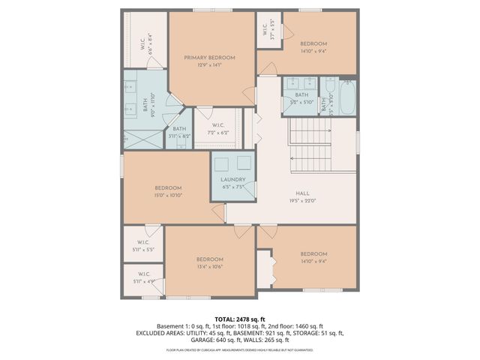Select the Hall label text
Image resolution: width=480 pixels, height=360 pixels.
(303, 194)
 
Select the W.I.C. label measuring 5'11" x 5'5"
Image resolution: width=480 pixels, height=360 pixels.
(142, 244)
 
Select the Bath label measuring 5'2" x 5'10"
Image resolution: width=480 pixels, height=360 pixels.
(301, 97)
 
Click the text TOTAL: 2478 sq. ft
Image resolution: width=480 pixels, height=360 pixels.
(239, 319)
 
